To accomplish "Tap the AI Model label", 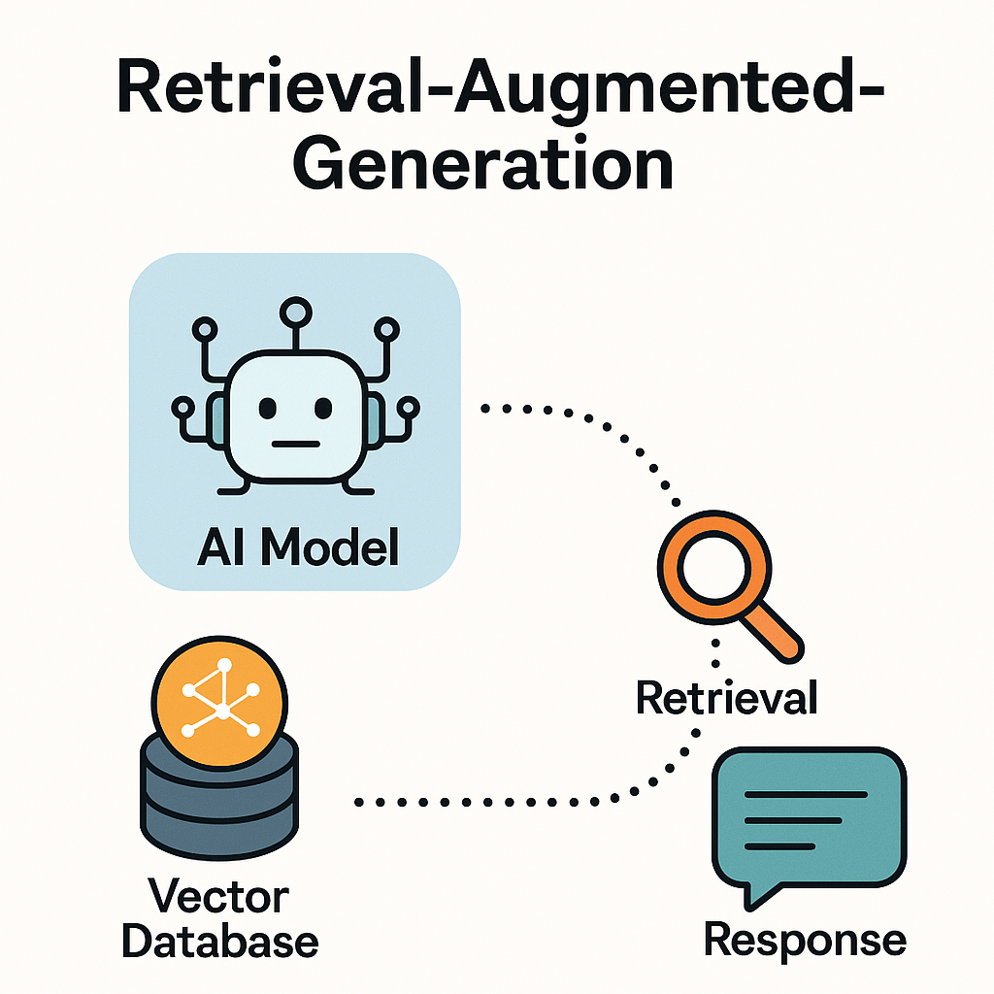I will point(297,549).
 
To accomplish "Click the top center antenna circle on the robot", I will point(293,313).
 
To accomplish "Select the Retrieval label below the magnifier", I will point(726,696).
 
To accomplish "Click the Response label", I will point(805,940).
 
